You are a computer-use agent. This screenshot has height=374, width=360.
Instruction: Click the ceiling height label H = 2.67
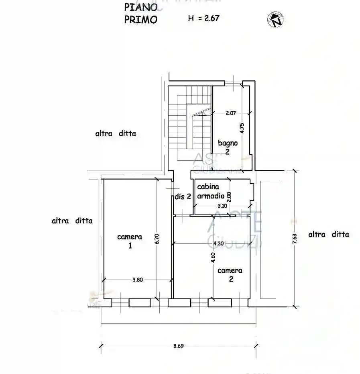point(203,18)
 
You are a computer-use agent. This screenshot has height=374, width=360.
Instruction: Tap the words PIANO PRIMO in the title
point(140,13)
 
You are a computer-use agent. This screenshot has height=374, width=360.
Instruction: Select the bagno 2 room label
point(228,147)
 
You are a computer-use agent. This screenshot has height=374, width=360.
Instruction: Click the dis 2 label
point(182,196)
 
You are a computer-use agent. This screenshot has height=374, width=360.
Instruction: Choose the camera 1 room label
point(130,241)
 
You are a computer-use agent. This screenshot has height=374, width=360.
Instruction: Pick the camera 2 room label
point(230,274)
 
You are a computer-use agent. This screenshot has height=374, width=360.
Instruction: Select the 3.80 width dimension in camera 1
point(137,280)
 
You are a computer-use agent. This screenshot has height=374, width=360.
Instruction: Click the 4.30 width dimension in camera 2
point(219,243)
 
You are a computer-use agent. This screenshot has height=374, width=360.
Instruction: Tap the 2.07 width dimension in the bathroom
point(230,113)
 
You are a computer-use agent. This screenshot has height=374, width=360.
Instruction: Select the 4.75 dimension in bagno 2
point(242,128)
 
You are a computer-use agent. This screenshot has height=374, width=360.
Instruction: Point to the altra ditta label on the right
point(328,235)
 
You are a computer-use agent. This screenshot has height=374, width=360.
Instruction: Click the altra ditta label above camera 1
point(115,134)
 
